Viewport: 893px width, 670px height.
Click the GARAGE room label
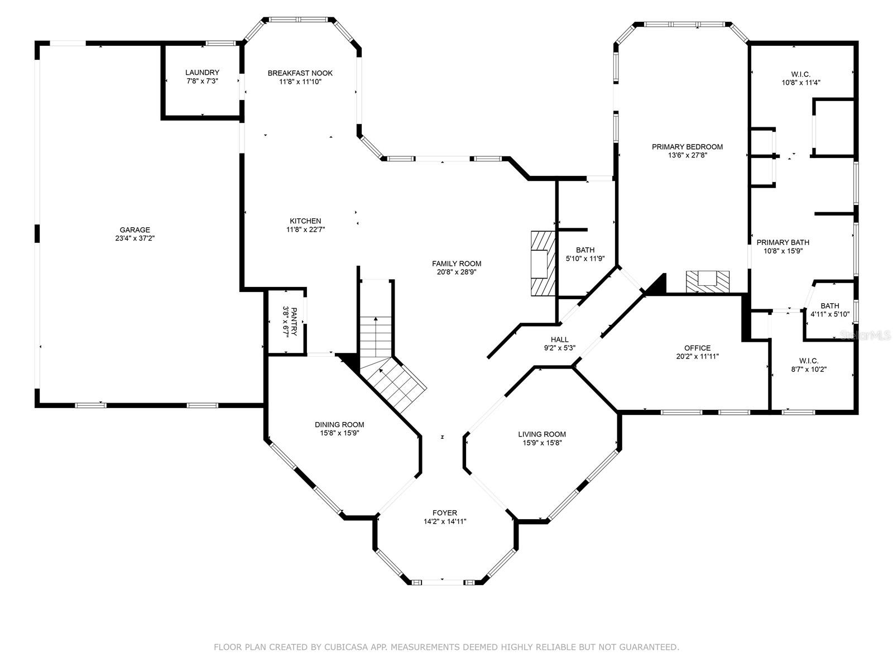pos(135,230)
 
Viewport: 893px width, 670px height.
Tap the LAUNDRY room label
pos(202,73)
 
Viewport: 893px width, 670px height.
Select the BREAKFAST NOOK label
pos(300,73)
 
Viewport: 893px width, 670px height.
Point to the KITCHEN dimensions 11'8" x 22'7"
pos(305,229)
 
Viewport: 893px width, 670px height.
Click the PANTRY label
pos(294,322)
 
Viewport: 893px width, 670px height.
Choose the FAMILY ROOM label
pos(457,264)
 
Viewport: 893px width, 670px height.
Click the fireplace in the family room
pos(543,263)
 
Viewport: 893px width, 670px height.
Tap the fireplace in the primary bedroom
pos(708,281)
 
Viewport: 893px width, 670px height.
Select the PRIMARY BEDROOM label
pos(687,147)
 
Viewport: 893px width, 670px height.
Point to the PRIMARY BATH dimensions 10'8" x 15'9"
pos(782,251)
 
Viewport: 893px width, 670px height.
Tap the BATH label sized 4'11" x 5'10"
pos(830,306)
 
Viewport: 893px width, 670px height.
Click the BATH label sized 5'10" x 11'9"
pos(585,250)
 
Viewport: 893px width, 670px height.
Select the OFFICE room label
pos(697,348)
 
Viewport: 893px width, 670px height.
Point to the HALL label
pos(560,339)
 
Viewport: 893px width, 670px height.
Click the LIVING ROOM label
pos(542,434)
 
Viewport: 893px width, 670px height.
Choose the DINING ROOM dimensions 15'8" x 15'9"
pos(339,433)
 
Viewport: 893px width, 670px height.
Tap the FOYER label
pos(445,513)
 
